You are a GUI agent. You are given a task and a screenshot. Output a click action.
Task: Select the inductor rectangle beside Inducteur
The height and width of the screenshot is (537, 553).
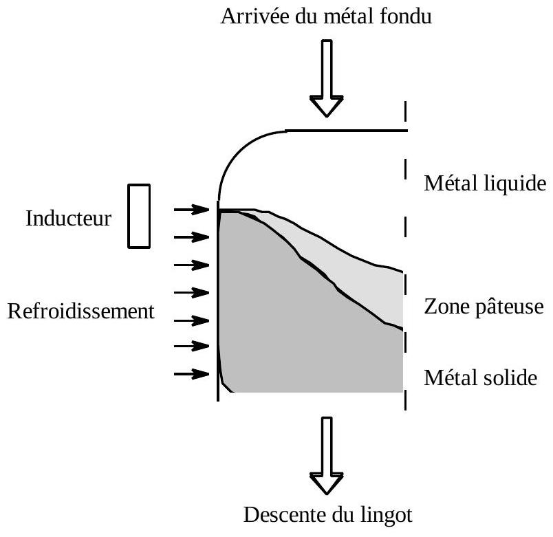[139, 215]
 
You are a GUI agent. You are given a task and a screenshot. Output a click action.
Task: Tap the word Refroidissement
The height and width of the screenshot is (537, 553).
[79, 311]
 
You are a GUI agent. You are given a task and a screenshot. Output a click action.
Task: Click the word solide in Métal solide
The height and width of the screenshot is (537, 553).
[510, 378]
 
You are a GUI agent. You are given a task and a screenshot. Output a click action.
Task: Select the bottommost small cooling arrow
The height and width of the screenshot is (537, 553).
[191, 374]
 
